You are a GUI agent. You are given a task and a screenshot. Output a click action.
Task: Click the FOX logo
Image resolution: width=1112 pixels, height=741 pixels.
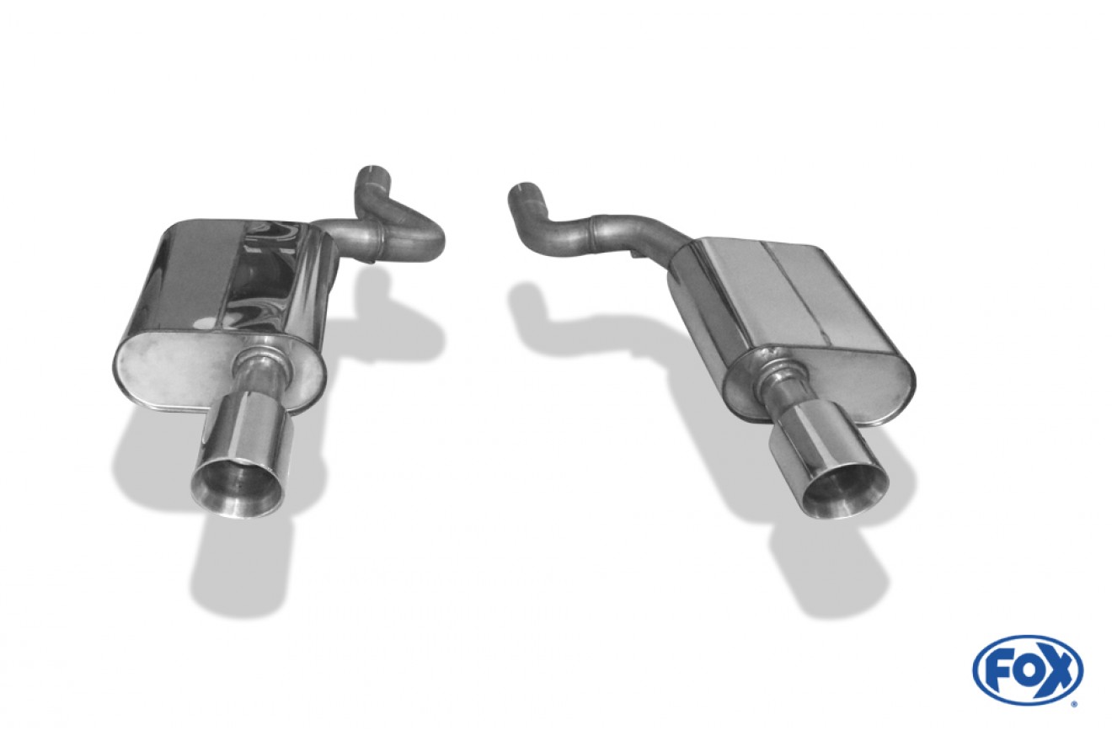click(x=1028, y=670)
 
